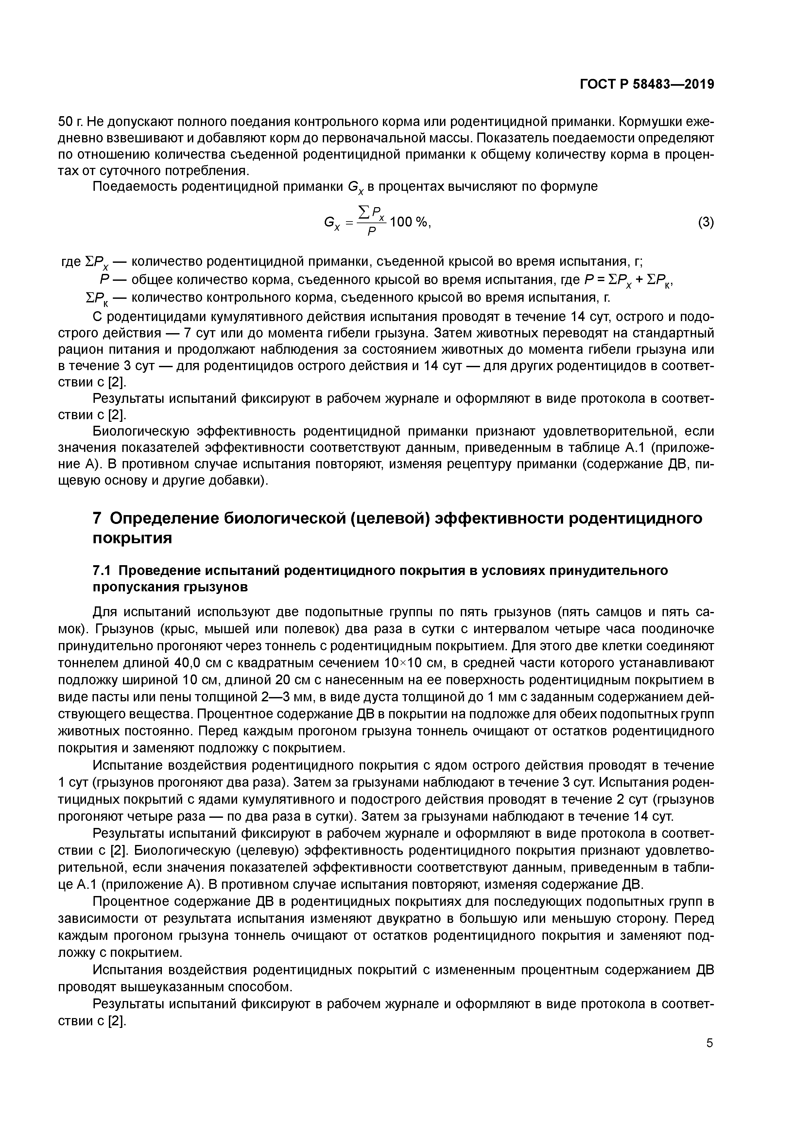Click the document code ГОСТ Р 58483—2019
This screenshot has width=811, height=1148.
click(x=647, y=84)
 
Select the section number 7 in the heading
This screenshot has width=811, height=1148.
click(x=98, y=518)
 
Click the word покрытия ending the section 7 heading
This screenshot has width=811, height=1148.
click(x=132, y=539)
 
